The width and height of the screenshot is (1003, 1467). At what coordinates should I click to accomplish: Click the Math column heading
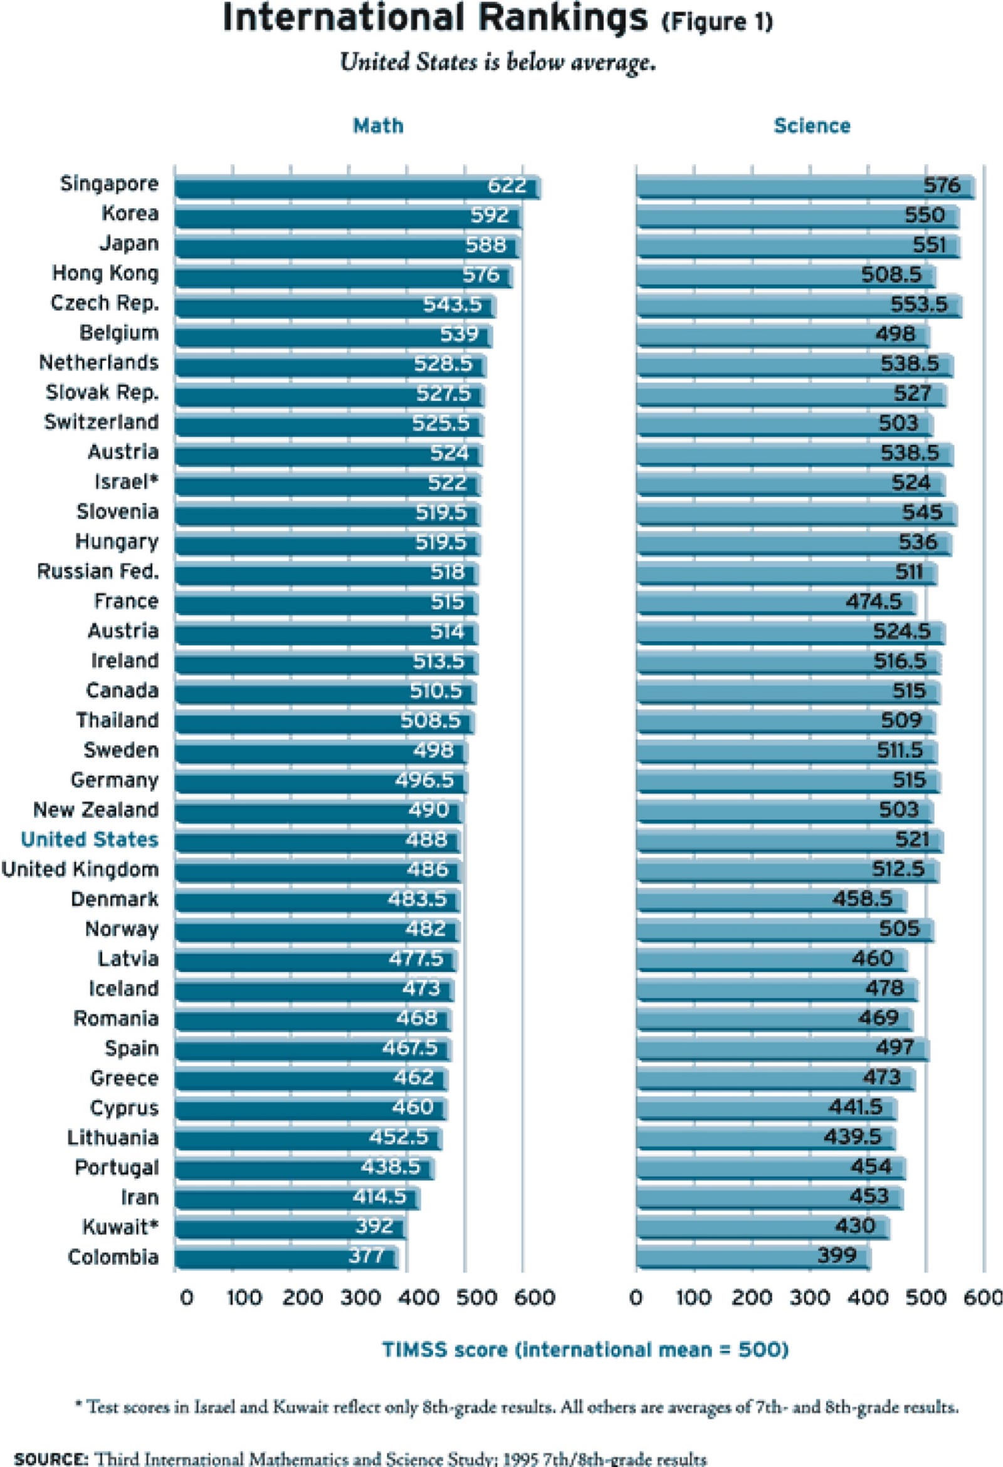[x=378, y=125]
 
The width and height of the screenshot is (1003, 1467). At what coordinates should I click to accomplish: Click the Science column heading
[x=812, y=125]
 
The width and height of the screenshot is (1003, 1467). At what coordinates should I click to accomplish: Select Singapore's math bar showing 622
[x=357, y=187]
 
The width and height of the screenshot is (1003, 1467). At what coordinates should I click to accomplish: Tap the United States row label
[x=89, y=840]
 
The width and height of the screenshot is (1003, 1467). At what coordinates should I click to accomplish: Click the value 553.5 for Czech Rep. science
[x=919, y=305]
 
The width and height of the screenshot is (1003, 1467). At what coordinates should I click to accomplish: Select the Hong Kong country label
[x=105, y=273]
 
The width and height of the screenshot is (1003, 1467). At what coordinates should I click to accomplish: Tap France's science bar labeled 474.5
[x=775, y=603]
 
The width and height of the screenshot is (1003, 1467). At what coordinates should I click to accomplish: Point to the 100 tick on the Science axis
[x=693, y=1298]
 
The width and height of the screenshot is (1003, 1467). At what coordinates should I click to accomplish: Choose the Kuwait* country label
[x=119, y=1227]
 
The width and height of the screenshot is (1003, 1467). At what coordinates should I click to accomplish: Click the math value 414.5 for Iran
[x=379, y=1196]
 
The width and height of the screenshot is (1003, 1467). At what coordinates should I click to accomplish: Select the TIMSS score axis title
[x=585, y=1350]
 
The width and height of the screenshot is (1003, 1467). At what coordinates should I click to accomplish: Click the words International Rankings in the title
[x=434, y=19]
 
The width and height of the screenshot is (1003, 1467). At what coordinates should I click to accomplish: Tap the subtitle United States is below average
[x=498, y=62]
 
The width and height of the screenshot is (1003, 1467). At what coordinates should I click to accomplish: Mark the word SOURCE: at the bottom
[x=51, y=1459]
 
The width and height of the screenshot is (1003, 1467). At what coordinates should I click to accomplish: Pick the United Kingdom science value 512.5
[x=898, y=870]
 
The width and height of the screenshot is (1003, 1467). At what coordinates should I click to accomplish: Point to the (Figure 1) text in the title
[x=717, y=22]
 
